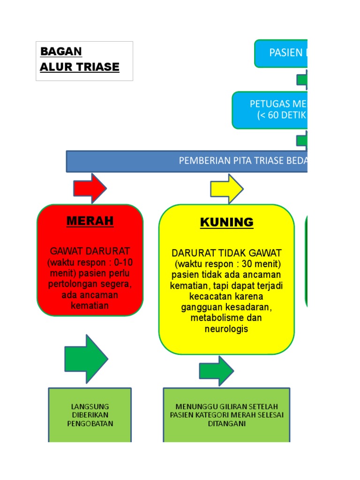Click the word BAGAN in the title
point(61,51)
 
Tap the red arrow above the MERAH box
point(90,188)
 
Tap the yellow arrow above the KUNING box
point(226,188)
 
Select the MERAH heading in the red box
point(90,221)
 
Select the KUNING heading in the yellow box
point(227,222)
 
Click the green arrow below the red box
point(86,359)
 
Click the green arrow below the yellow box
point(216,371)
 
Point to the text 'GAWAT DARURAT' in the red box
point(90,251)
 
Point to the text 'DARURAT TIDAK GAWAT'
point(226,253)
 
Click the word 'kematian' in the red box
point(90,306)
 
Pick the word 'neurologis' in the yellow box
point(226,329)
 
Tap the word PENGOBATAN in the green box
point(90,424)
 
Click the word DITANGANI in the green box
point(226,424)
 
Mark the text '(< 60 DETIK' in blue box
point(282,115)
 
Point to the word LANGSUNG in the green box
point(90,406)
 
